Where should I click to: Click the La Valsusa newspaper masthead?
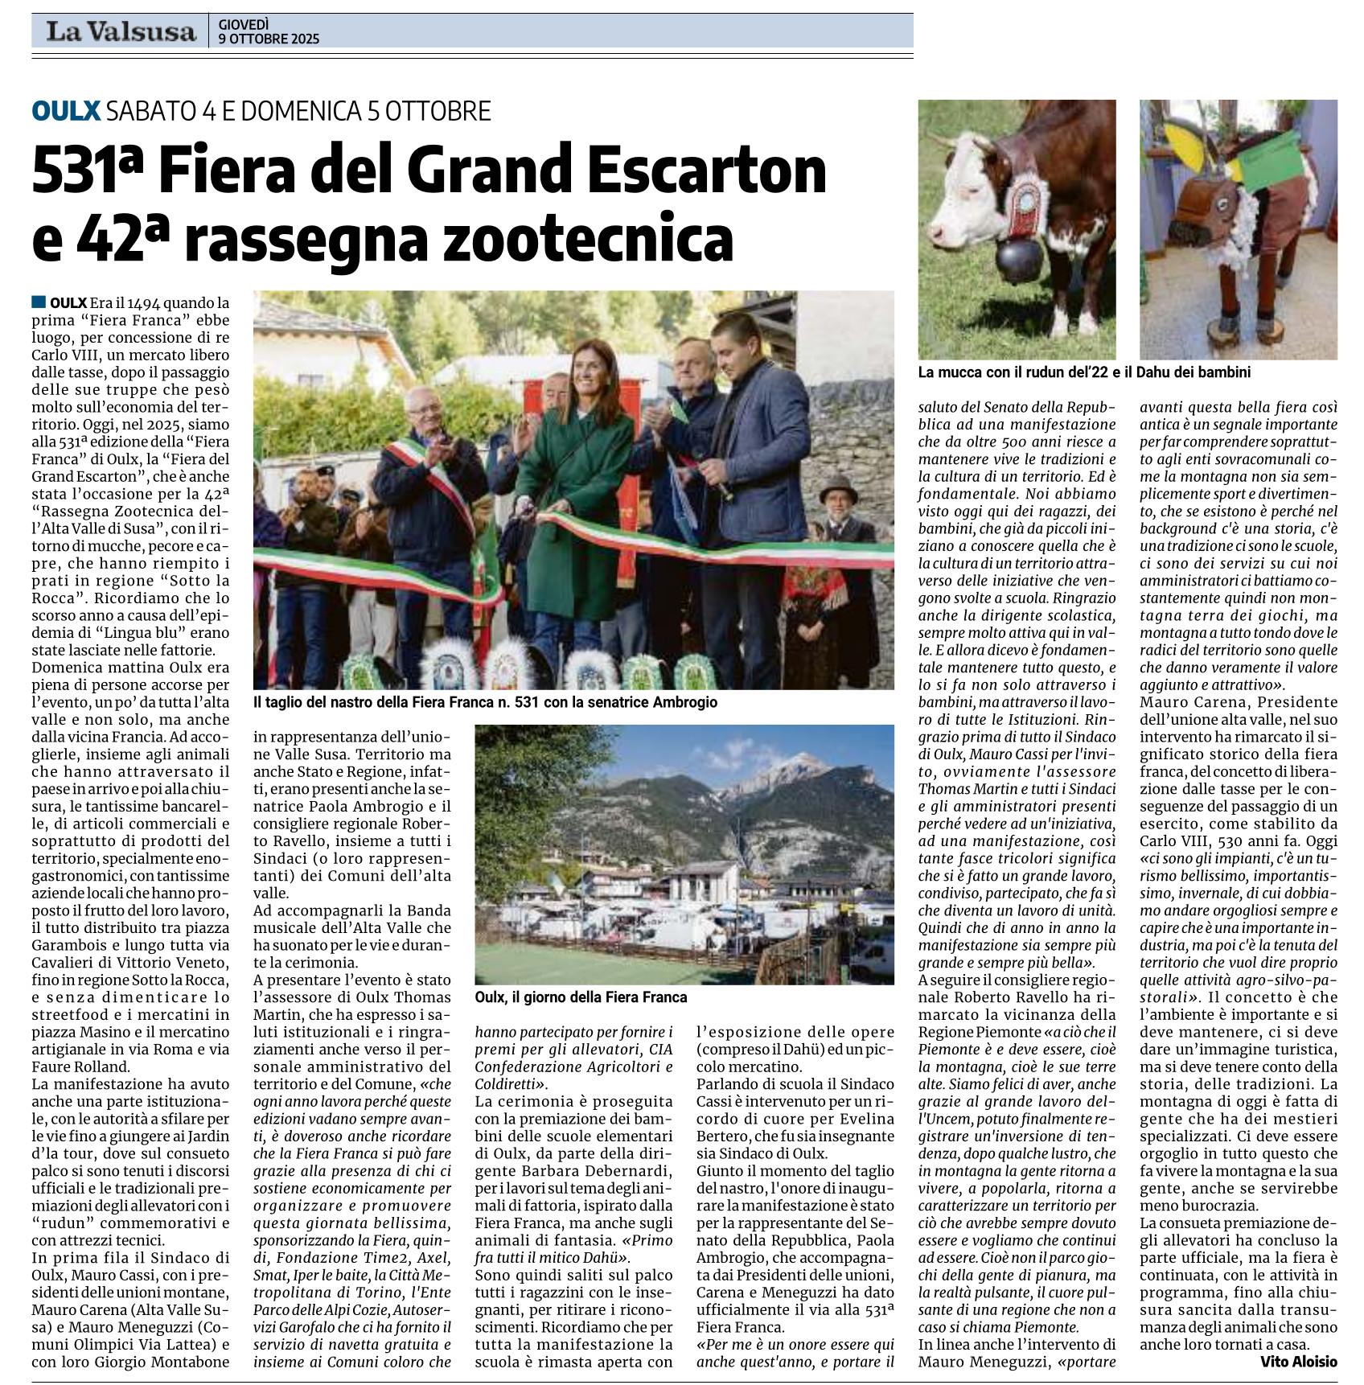click(x=121, y=31)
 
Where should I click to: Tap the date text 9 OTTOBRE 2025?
click(x=269, y=39)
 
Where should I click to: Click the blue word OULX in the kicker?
click(x=66, y=111)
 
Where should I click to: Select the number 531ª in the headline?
click(x=88, y=171)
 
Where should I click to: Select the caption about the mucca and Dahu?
click(x=1084, y=372)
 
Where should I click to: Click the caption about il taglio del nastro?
click(x=485, y=702)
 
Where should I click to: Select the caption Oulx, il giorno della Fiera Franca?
click(x=581, y=997)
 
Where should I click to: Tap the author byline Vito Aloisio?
click(x=1298, y=1361)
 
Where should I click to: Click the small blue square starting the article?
click(x=39, y=302)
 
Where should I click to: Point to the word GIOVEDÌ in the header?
click(x=244, y=25)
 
